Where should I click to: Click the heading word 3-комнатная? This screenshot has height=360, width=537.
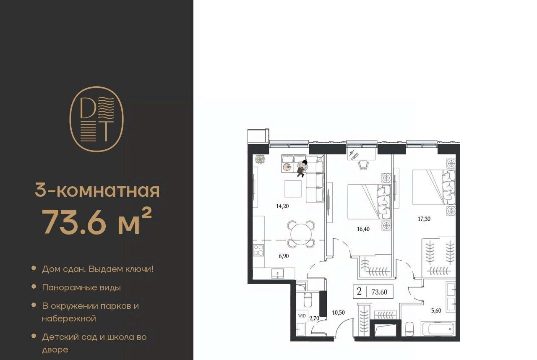click(97, 190)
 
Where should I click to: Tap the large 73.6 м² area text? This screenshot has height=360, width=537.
click(97, 221)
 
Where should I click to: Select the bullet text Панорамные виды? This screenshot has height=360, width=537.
click(81, 287)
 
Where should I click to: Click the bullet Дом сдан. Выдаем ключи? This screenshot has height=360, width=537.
click(98, 269)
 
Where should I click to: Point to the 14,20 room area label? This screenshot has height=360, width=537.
click(282, 206)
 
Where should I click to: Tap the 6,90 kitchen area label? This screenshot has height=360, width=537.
click(284, 256)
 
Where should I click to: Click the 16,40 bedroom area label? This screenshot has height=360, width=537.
click(363, 229)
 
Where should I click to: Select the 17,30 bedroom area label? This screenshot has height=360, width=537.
click(424, 219)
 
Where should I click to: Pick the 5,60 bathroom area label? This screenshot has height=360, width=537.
click(436, 311)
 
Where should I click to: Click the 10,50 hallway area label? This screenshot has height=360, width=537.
click(339, 313)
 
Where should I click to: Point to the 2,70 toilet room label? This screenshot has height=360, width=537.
click(314, 318)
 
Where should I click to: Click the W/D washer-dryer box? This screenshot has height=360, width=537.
click(302, 316)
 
